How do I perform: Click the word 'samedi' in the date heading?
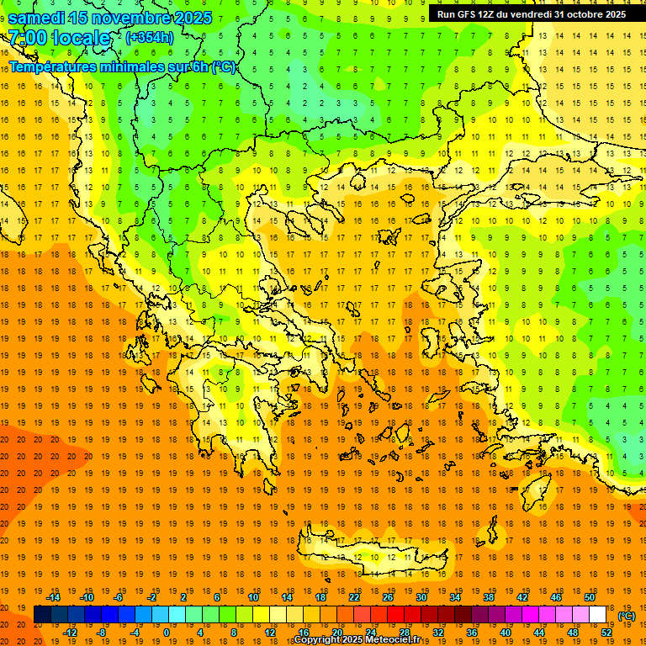(38, 18)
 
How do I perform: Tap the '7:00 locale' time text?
(59, 39)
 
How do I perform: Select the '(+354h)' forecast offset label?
(150, 38)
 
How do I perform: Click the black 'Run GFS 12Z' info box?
(532, 14)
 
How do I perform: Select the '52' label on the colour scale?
(606, 633)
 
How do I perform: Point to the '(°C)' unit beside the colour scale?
(627, 616)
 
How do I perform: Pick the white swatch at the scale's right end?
(597, 615)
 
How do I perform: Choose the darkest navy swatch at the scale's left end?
(43, 615)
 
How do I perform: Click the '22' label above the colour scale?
(354, 597)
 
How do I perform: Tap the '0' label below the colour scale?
(167, 633)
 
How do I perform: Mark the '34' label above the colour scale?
(455, 597)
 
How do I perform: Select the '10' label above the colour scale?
(253, 597)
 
